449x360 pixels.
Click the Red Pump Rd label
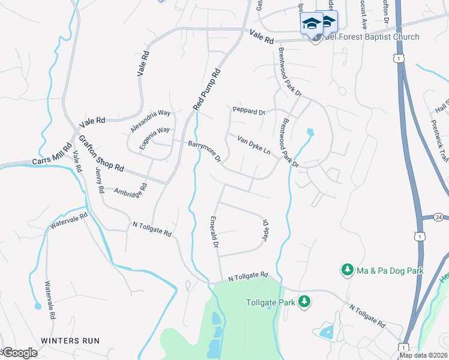207,89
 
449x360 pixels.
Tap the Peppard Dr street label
249,111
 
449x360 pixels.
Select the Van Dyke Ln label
253,146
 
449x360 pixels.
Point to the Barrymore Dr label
205,152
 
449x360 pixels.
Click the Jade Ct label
264,230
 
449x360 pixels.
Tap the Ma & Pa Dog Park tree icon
347,271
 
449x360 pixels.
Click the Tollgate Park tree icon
305,301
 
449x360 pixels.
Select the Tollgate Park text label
271,302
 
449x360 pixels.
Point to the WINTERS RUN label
70,340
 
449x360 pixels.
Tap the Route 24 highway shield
439,217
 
